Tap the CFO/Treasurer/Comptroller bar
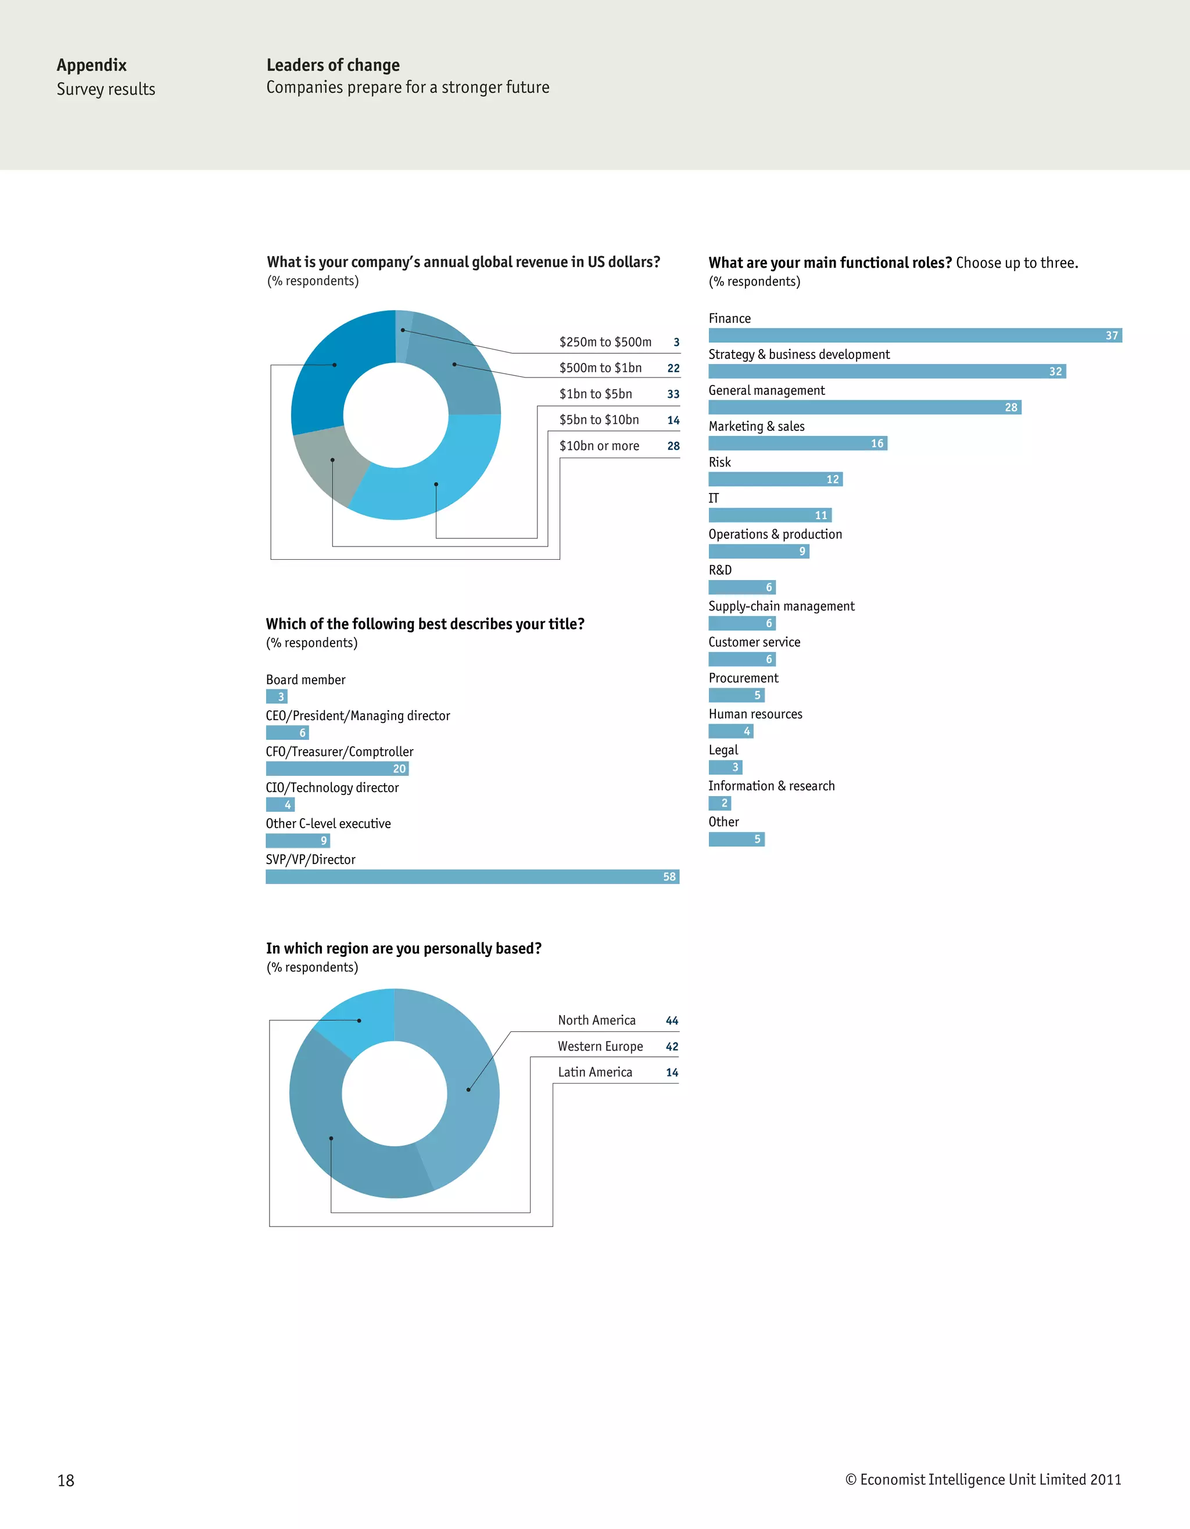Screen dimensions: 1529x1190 [337, 769]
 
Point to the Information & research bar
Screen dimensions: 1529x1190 [719, 803]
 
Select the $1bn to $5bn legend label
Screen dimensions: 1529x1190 [596, 394]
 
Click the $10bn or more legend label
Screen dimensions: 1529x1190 [599, 446]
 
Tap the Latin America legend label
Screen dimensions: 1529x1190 [594, 1073]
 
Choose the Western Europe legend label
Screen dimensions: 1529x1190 [600, 1046]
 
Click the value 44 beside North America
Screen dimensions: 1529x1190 [672, 1021]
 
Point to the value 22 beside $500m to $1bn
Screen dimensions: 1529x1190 [673, 368]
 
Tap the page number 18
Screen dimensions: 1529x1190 [66, 1480]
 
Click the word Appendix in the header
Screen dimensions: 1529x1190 [92, 65]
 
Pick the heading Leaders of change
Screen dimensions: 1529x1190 [333, 65]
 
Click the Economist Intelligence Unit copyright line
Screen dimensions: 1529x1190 [983, 1479]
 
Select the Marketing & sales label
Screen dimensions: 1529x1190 [757, 426]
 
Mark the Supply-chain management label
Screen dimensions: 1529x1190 [781, 606]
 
